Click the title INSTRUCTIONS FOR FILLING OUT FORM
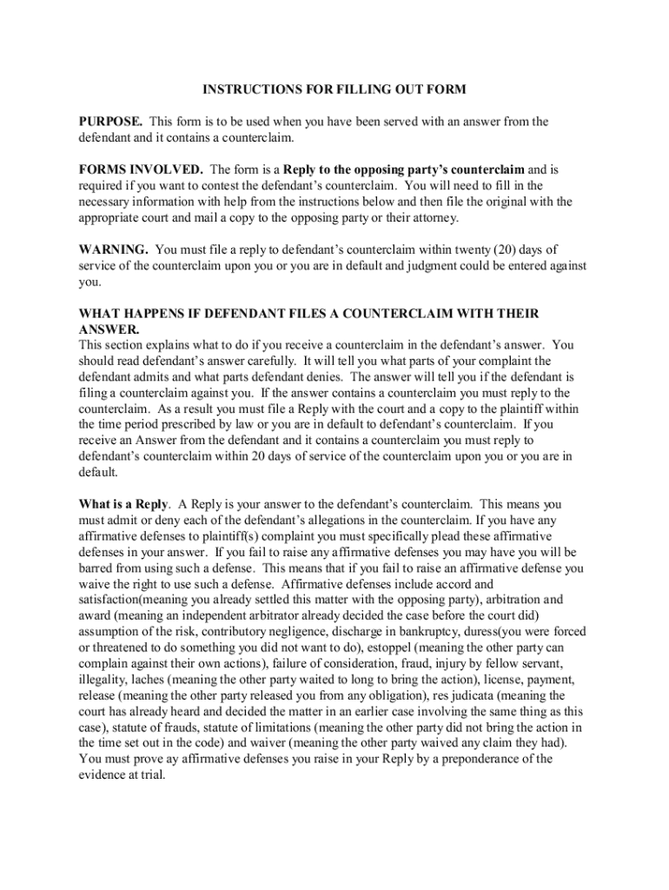(334, 90)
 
